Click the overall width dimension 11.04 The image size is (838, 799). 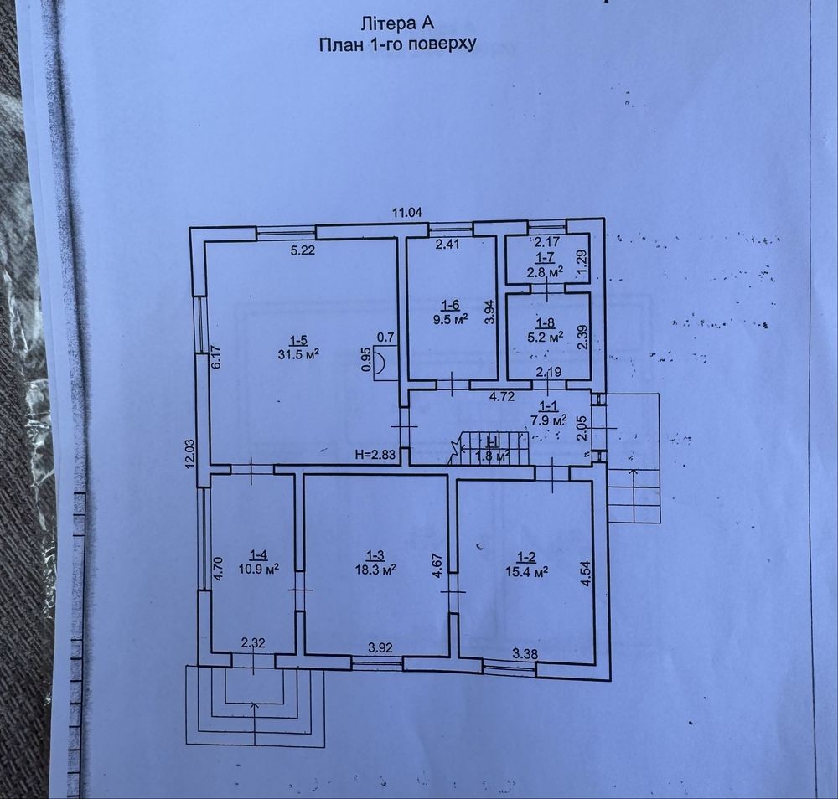pos(406,212)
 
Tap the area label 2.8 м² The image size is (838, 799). pos(545,272)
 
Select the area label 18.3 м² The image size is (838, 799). pos(375,568)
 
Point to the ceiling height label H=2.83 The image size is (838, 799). pos(375,455)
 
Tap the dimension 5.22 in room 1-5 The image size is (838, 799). pos(303,250)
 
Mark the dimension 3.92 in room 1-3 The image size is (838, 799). pos(381,647)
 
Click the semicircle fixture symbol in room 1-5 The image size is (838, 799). pos(379,361)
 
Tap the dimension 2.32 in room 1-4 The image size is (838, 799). pos(254,643)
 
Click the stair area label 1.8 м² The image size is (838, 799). pos(492,456)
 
